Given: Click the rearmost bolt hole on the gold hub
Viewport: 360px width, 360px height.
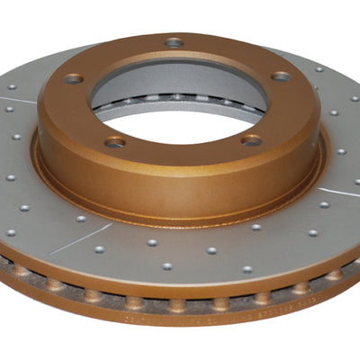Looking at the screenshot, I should [174, 42].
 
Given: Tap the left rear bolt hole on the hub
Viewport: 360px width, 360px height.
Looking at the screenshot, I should [74, 78].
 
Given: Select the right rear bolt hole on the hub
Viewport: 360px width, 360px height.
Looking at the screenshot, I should [281, 76].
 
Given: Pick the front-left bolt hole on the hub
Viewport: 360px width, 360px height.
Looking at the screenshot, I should [114, 142].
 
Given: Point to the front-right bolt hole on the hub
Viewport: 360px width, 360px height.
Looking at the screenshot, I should [252, 140].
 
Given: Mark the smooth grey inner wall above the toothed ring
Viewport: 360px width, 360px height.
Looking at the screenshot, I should [180, 76].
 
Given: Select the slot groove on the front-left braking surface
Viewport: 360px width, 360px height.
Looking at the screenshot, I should [81, 238].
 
